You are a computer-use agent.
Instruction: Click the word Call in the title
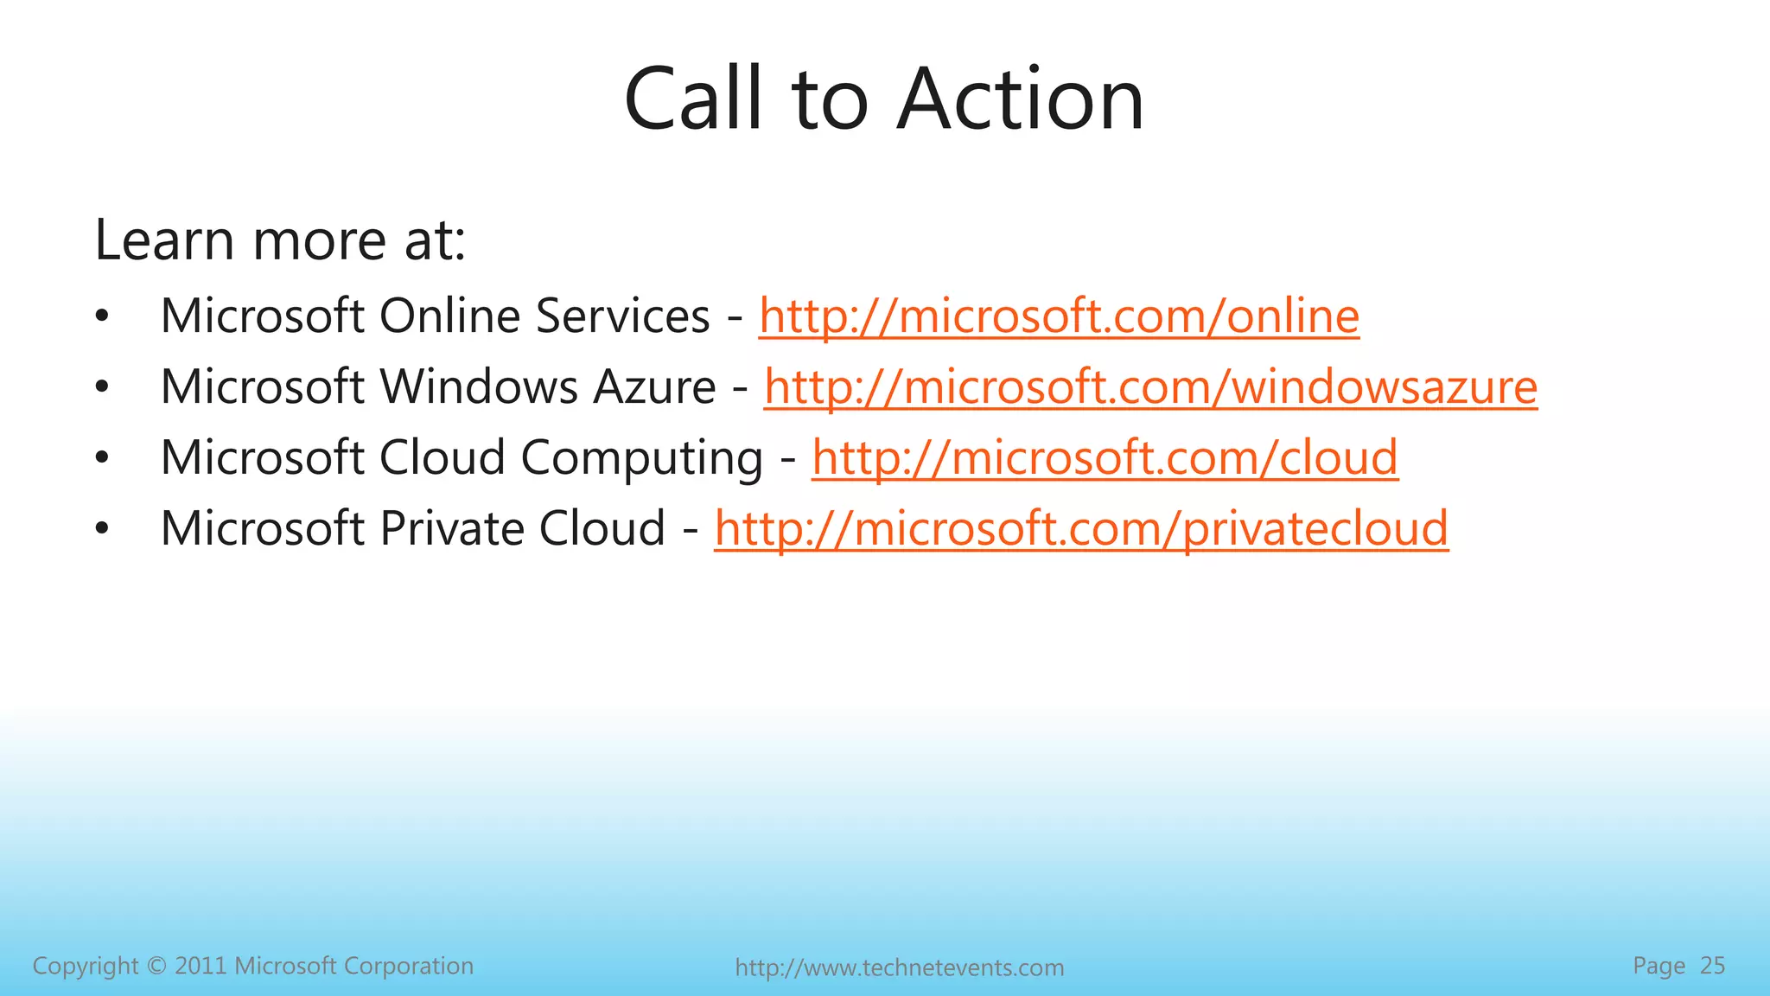point(694,100)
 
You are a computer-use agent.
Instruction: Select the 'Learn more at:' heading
point(280,239)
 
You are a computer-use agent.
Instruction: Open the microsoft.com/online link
point(1059,316)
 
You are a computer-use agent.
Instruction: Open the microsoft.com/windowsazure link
point(1150,386)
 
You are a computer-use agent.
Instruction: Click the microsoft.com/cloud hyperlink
point(1105,457)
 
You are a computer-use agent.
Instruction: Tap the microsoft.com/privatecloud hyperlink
point(1081,528)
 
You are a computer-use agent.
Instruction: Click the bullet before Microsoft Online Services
point(102,316)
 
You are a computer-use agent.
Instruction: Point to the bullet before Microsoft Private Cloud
point(102,529)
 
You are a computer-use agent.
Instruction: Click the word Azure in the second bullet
point(654,386)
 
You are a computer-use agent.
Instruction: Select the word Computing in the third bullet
point(642,458)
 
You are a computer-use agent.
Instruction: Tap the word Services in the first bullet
point(622,316)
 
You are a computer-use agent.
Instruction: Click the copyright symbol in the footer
point(156,966)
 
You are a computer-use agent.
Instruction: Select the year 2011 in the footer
point(201,966)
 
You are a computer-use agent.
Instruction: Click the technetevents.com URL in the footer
point(899,967)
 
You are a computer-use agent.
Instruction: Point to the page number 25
point(1712,966)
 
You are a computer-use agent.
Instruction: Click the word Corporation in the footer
point(408,966)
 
